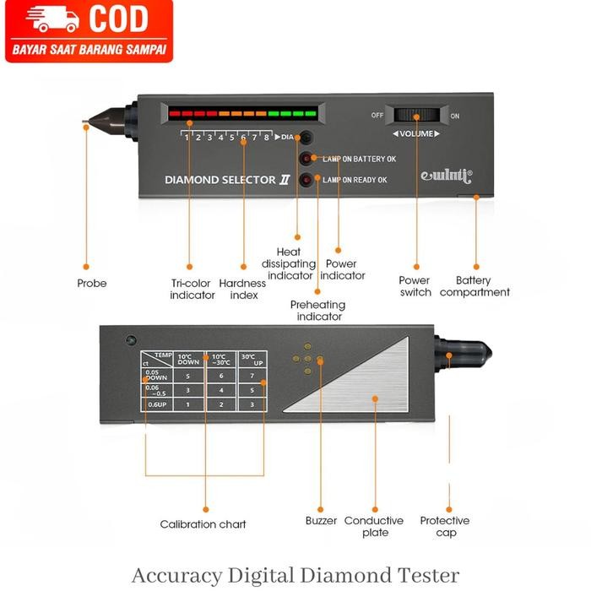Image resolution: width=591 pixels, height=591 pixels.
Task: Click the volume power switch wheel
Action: click(414, 116)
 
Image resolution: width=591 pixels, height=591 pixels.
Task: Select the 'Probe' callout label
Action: click(92, 284)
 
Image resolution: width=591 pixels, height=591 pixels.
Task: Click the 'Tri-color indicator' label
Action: click(192, 289)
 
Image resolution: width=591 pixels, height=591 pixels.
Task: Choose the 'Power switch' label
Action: click(415, 286)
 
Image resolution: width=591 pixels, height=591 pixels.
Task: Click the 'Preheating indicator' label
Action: click(319, 310)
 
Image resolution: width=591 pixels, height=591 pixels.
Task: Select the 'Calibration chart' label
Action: click(203, 524)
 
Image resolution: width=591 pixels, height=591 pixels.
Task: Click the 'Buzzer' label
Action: click(321, 521)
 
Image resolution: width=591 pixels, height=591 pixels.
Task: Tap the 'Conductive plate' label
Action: click(374, 526)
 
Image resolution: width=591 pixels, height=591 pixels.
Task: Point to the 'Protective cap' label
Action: click(445, 526)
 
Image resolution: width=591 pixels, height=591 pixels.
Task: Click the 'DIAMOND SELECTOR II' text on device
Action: click(220, 180)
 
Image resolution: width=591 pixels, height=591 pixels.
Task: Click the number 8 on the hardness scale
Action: click(266, 137)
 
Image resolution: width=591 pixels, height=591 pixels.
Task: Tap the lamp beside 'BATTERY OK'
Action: click(305, 158)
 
